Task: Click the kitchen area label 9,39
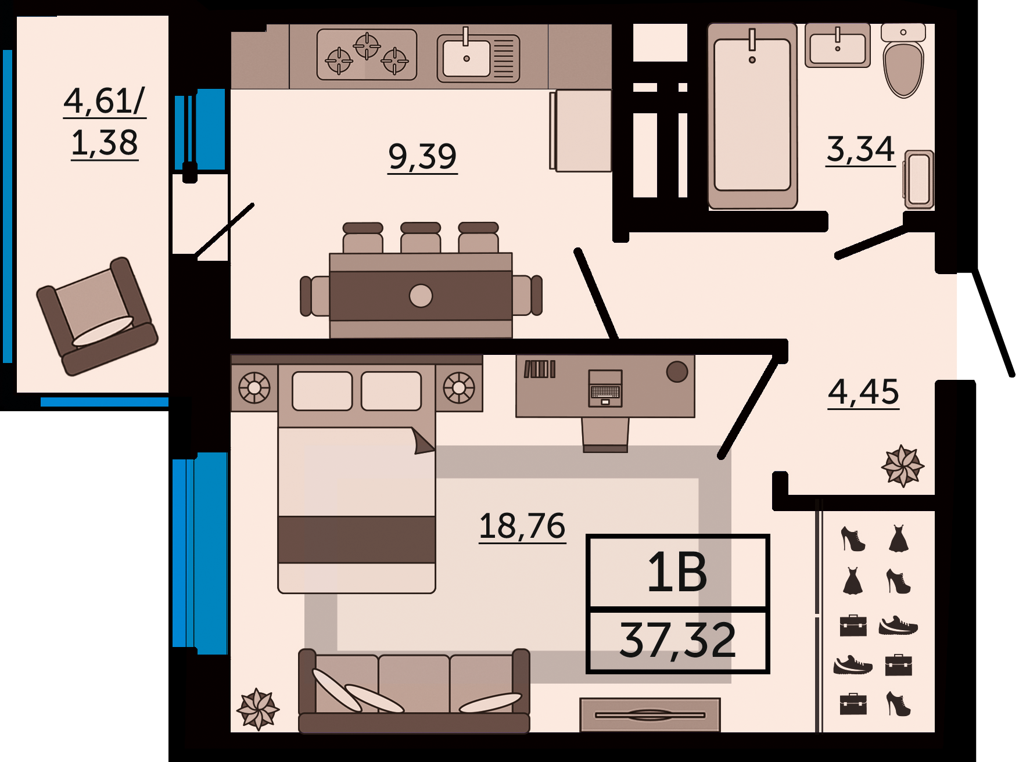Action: point(422,157)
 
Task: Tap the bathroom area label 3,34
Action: point(860,149)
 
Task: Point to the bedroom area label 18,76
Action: point(522,526)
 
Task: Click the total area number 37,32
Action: point(677,641)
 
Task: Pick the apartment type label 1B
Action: point(677,573)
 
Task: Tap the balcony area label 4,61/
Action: point(105,101)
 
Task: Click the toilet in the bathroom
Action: point(903,60)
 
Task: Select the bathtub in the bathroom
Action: point(752,116)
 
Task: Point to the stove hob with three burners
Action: point(367,55)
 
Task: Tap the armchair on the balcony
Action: point(97,317)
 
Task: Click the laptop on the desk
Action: point(605,388)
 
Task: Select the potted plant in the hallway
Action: point(902,466)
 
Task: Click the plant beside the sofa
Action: point(258,709)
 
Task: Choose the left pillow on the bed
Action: point(322,391)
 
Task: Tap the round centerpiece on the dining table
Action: point(421,296)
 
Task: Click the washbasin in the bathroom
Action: point(838,45)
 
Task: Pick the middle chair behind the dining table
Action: point(421,238)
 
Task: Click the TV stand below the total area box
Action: point(650,714)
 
